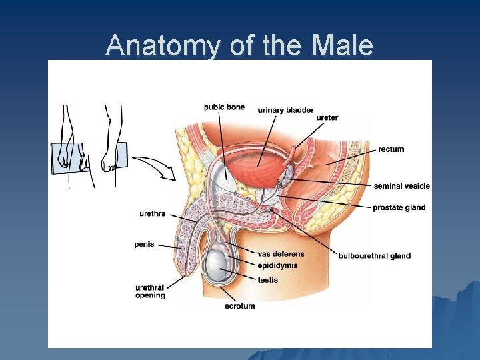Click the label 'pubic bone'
pyautogui.click(x=224, y=107)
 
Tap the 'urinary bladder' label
pyautogui.click(x=286, y=110)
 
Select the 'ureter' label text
pyautogui.click(x=327, y=118)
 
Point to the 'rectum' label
pyautogui.click(x=391, y=149)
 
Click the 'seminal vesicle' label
pyautogui.click(x=402, y=186)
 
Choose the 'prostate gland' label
pyautogui.click(x=399, y=207)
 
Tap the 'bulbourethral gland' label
pyautogui.click(x=375, y=255)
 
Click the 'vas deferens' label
pyautogui.click(x=281, y=254)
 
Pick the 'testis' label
pyautogui.click(x=268, y=280)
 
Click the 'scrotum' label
pyautogui.click(x=240, y=306)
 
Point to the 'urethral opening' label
pyautogui.click(x=150, y=291)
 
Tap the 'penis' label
pyautogui.click(x=144, y=244)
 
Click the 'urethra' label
pyautogui.click(x=153, y=214)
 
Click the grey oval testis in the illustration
pyautogui.click(x=219, y=266)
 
